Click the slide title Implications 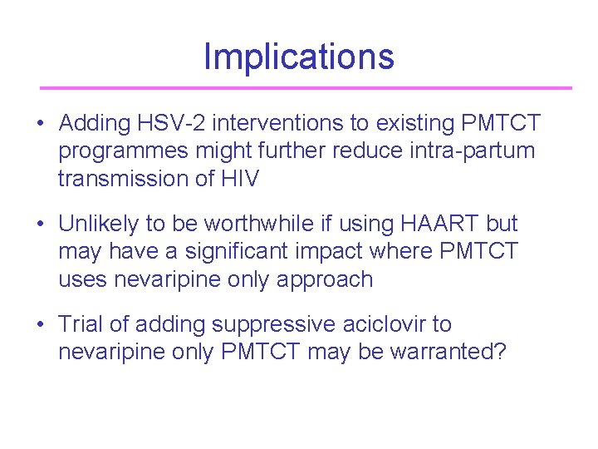tap(298, 57)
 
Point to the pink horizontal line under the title tap(306, 87)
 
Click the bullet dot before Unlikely tap(40, 224)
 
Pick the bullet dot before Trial tap(40, 325)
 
